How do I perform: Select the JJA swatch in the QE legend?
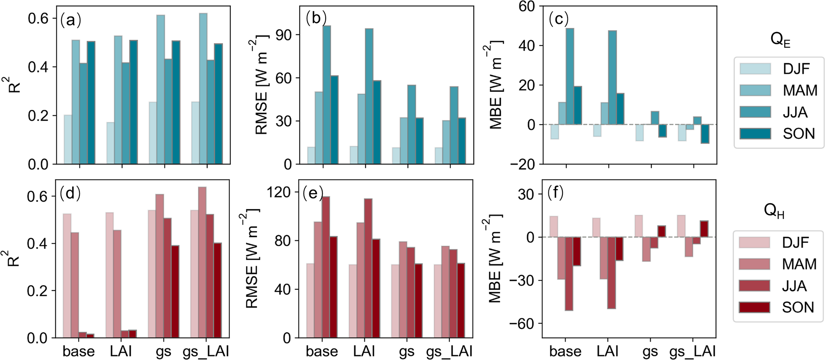(755, 113)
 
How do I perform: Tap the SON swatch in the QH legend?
(754, 307)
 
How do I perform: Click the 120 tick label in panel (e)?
(278, 192)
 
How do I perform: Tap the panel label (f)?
(555, 193)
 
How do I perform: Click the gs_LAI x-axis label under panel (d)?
(206, 352)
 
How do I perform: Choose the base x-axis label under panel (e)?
(322, 352)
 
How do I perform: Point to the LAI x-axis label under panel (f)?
(607, 352)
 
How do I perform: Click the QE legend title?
(780, 40)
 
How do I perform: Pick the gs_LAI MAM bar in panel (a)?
(203, 89)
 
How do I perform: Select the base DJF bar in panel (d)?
(67, 276)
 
